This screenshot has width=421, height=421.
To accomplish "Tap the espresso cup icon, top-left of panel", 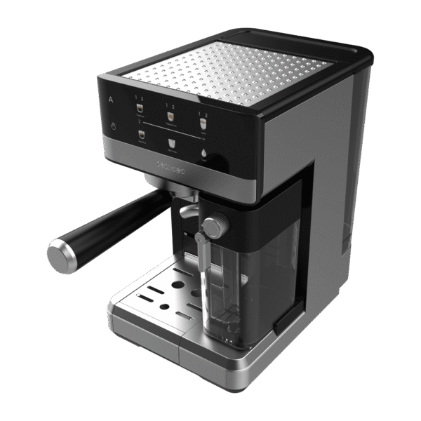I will point(139,107).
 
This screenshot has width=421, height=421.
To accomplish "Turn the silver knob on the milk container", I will point(216,226).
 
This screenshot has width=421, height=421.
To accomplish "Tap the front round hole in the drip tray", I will point(164,307).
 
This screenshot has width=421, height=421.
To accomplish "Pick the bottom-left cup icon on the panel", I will point(140,135).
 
